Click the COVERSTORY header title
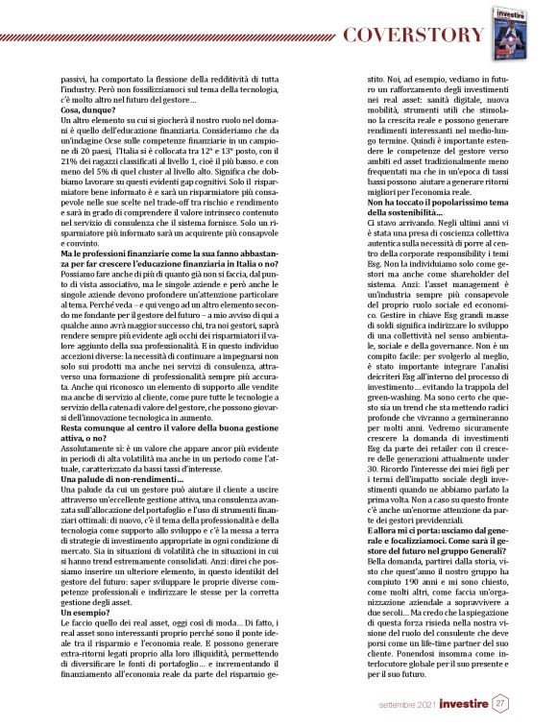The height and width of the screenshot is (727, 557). click(414, 36)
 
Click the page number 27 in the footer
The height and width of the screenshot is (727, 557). click(501, 705)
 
